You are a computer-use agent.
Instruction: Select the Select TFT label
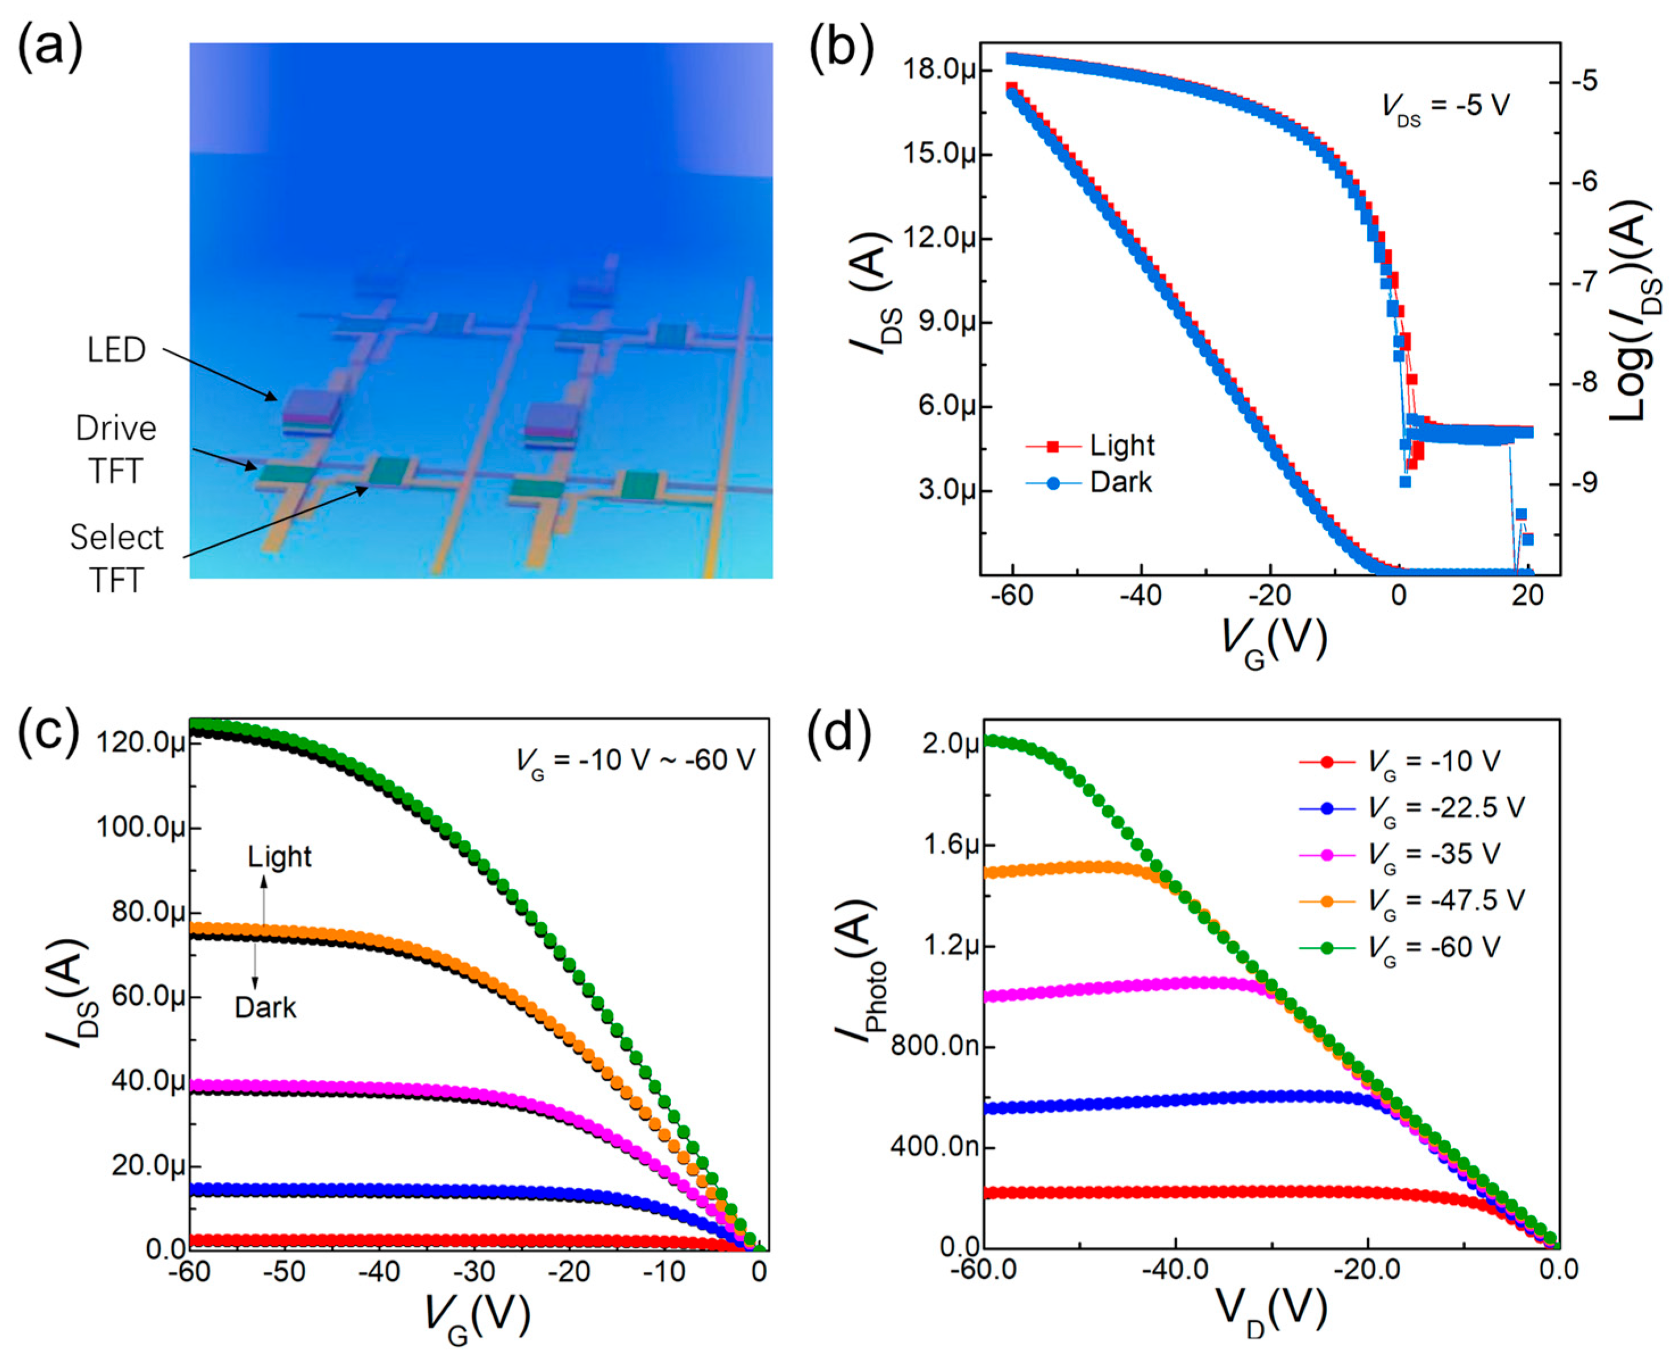point(117,559)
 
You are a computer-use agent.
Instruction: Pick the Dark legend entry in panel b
point(1120,481)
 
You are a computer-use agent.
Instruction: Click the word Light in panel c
point(280,856)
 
